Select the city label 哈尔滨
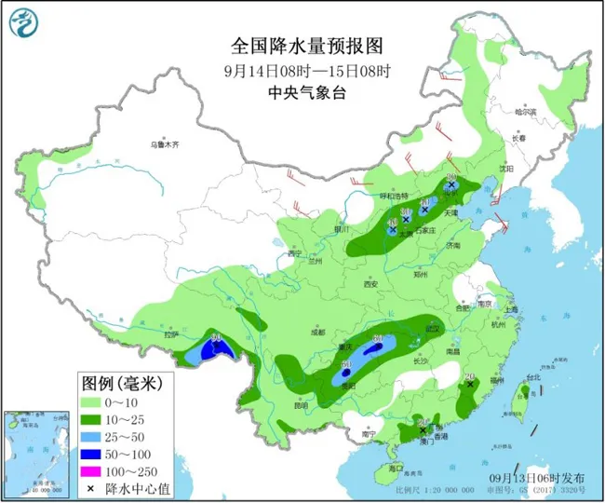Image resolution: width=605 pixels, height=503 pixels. (528, 112)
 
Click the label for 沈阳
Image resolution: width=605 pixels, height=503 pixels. (505, 169)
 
